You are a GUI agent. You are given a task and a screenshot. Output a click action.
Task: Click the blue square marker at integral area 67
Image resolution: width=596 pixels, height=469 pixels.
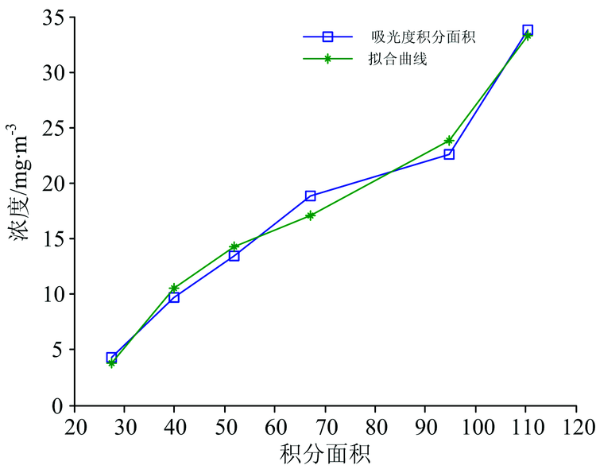tap(310, 196)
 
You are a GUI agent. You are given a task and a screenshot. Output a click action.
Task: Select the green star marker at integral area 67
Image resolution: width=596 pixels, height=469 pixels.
tap(310, 215)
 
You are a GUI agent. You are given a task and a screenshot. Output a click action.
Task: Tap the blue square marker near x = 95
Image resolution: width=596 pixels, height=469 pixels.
tap(449, 154)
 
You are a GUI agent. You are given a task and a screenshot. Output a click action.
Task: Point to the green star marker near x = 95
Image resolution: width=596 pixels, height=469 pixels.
tap(449, 141)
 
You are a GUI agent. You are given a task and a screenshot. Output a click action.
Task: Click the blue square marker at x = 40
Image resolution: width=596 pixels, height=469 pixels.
tap(174, 297)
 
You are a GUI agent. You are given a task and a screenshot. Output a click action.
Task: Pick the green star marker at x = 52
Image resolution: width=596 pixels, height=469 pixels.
tap(234, 246)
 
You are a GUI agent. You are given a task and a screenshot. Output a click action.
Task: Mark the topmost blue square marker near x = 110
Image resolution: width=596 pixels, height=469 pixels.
tap(528, 30)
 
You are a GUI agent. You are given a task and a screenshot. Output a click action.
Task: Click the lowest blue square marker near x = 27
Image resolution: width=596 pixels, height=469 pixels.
tap(111, 358)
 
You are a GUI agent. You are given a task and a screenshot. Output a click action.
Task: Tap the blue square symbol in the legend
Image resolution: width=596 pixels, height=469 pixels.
tap(327, 37)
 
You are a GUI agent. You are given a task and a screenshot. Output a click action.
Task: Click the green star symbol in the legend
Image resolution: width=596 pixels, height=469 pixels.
tap(327, 59)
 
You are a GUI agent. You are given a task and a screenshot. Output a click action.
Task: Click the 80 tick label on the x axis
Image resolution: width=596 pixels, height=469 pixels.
tap(375, 423)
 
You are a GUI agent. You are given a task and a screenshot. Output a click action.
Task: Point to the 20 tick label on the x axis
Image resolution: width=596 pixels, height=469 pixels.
tap(75, 423)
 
